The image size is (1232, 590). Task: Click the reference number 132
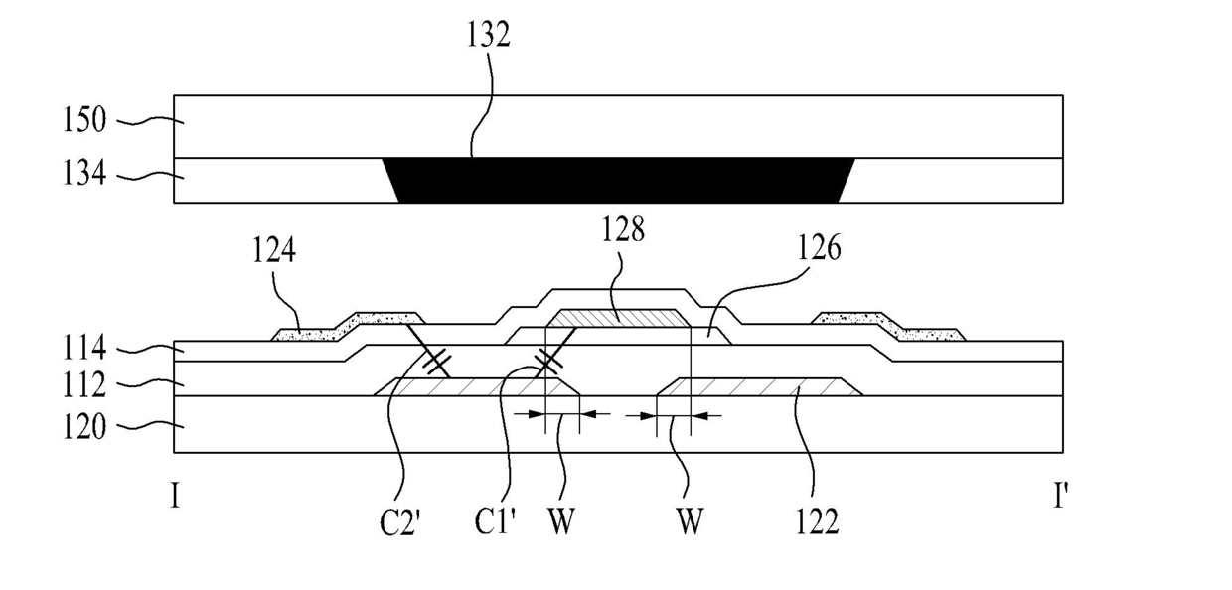tap(489, 34)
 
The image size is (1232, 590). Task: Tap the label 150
tap(83, 120)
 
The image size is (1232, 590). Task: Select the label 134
tap(83, 173)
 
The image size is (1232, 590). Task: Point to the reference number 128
tap(623, 228)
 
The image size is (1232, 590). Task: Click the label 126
tap(819, 247)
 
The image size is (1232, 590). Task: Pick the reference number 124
tap(274, 250)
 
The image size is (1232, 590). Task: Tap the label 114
tap(83, 348)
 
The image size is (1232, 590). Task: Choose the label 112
tap(83, 385)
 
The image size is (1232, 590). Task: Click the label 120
tap(83, 427)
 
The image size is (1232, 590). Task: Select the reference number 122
tap(818, 521)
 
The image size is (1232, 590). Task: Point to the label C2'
tap(399, 521)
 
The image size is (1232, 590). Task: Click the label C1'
tap(495, 521)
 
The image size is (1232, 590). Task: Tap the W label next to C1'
tap(561, 521)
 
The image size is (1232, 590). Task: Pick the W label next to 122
tap(690, 521)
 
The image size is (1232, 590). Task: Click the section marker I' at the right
tap(1060, 496)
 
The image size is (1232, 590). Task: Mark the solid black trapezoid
tap(619, 181)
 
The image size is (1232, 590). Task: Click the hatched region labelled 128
tap(619, 318)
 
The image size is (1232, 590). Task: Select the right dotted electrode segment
tap(888, 326)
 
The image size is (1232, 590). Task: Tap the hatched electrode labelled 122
tap(760, 386)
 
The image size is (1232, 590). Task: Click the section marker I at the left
tap(176, 496)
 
